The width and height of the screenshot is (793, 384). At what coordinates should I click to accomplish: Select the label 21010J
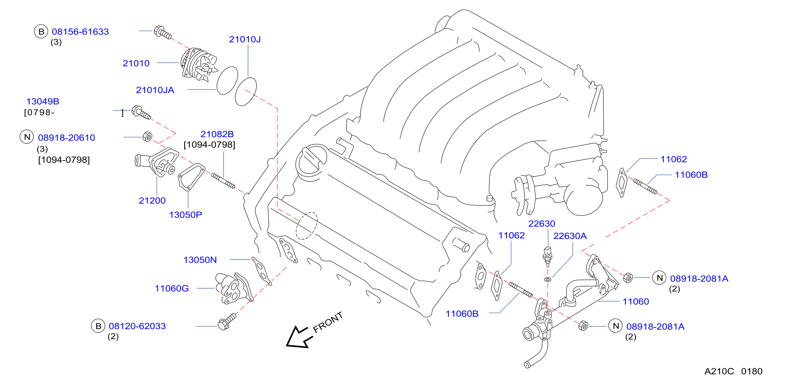tap(245, 39)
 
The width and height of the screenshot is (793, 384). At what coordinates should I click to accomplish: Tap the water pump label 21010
tap(136, 63)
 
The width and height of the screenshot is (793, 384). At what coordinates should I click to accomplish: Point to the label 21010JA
tap(155, 90)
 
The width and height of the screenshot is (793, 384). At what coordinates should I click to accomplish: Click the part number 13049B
tap(43, 101)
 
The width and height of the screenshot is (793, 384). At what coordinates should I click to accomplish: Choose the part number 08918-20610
tap(66, 137)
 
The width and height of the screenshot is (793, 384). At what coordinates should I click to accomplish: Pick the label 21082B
tap(217, 134)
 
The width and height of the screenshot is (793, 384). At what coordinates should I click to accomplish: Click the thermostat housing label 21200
tap(152, 201)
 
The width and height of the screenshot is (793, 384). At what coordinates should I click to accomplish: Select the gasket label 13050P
tap(186, 215)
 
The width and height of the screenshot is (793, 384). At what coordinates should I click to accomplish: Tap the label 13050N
tap(200, 260)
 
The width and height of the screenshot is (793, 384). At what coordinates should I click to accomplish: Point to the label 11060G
tap(172, 289)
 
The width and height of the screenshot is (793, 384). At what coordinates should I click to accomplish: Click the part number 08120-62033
tap(137, 326)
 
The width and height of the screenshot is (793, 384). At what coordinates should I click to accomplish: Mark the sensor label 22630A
tap(570, 236)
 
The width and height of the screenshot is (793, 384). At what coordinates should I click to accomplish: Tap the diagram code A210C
tap(719, 371)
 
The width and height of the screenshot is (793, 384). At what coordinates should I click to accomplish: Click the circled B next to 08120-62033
tap(98, 326)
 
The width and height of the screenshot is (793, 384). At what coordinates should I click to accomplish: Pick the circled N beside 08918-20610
tap(27, 137)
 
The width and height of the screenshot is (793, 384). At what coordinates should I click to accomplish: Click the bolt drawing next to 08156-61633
tap(162, 32)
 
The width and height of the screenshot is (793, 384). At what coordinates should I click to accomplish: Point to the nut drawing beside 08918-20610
tap(148, 137)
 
